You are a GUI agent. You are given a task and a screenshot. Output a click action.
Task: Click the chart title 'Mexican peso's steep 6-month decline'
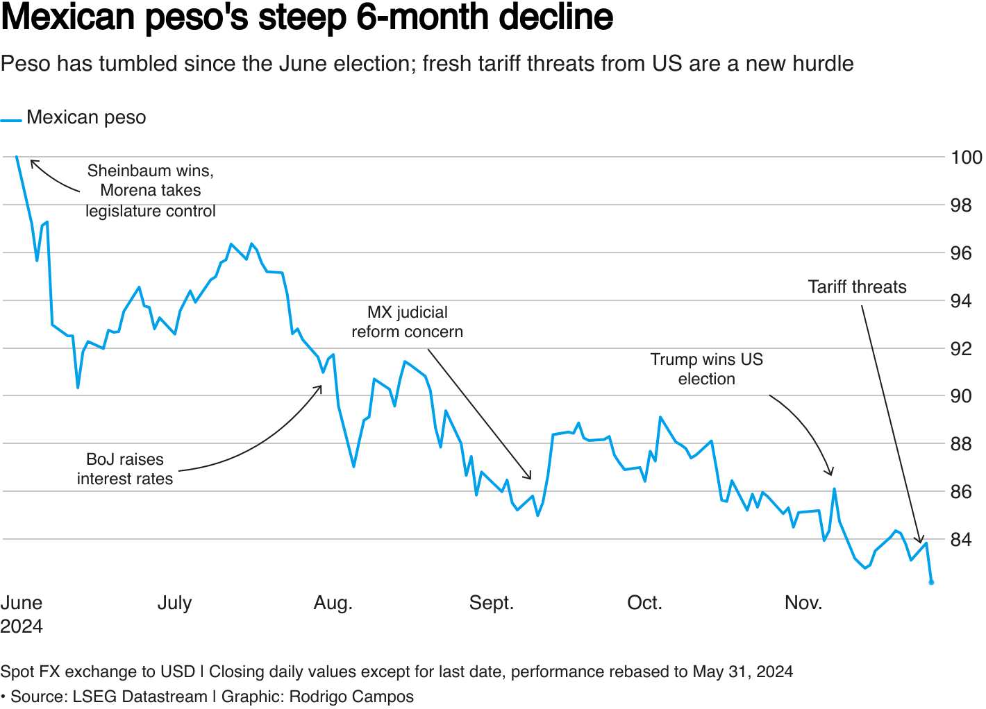tap(307, 18)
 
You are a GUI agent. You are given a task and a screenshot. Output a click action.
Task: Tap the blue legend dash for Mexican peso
tap(11, 121)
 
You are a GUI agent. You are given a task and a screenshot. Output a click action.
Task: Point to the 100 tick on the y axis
tap(966, 157)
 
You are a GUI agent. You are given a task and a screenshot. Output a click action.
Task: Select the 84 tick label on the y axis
tap(961, 540)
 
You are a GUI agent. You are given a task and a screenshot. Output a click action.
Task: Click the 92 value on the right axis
tap(961, 348)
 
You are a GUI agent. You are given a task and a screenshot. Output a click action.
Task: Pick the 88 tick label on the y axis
tap(961, 444)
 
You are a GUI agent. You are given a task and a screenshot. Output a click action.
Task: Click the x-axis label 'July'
tap(174, 603)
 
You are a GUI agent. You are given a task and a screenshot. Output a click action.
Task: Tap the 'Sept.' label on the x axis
tap(492, 603)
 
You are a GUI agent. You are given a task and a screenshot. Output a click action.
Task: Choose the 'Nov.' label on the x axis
tap(803, 603)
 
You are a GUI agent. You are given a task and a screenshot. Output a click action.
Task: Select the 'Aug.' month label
tap(333, 603)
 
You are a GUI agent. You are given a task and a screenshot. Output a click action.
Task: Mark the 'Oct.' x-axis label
tap(644, 603)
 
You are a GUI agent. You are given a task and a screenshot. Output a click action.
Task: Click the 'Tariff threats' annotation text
tap(857, 287)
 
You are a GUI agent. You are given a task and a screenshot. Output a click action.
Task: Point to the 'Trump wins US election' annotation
tap(706, 369)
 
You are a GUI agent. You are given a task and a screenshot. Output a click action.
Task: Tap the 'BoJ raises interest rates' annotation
tap(125, 469)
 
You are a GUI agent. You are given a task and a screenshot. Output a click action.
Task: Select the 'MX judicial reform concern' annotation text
tap(407, 322)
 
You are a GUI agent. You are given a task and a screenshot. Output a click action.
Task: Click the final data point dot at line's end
tap(931, 582)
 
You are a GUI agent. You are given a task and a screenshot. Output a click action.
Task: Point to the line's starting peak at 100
tap(17, 157)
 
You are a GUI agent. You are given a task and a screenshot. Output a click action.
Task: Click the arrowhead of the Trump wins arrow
tap(830, 474)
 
